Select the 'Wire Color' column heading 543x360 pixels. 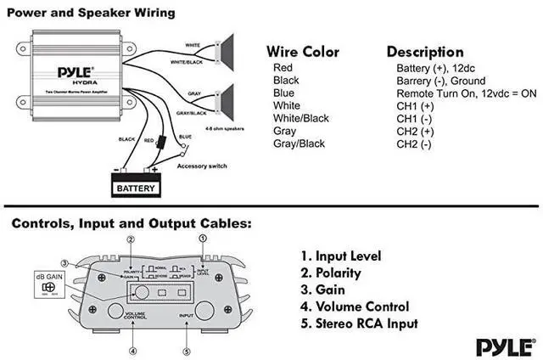click(x=302, y=52)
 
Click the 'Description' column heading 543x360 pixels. click(x=425, y=52)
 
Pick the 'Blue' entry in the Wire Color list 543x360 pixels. click(x=284, y=93)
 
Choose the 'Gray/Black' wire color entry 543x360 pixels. click(x=299, y=143)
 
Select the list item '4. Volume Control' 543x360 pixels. click(x=355, y=307)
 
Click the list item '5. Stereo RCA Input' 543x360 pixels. click(x=360, y=323)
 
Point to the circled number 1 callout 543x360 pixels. click(x=202, y=239)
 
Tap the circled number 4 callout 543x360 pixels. click(x=133, y=351)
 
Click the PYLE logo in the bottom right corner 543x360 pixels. click(x=505, y=346)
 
